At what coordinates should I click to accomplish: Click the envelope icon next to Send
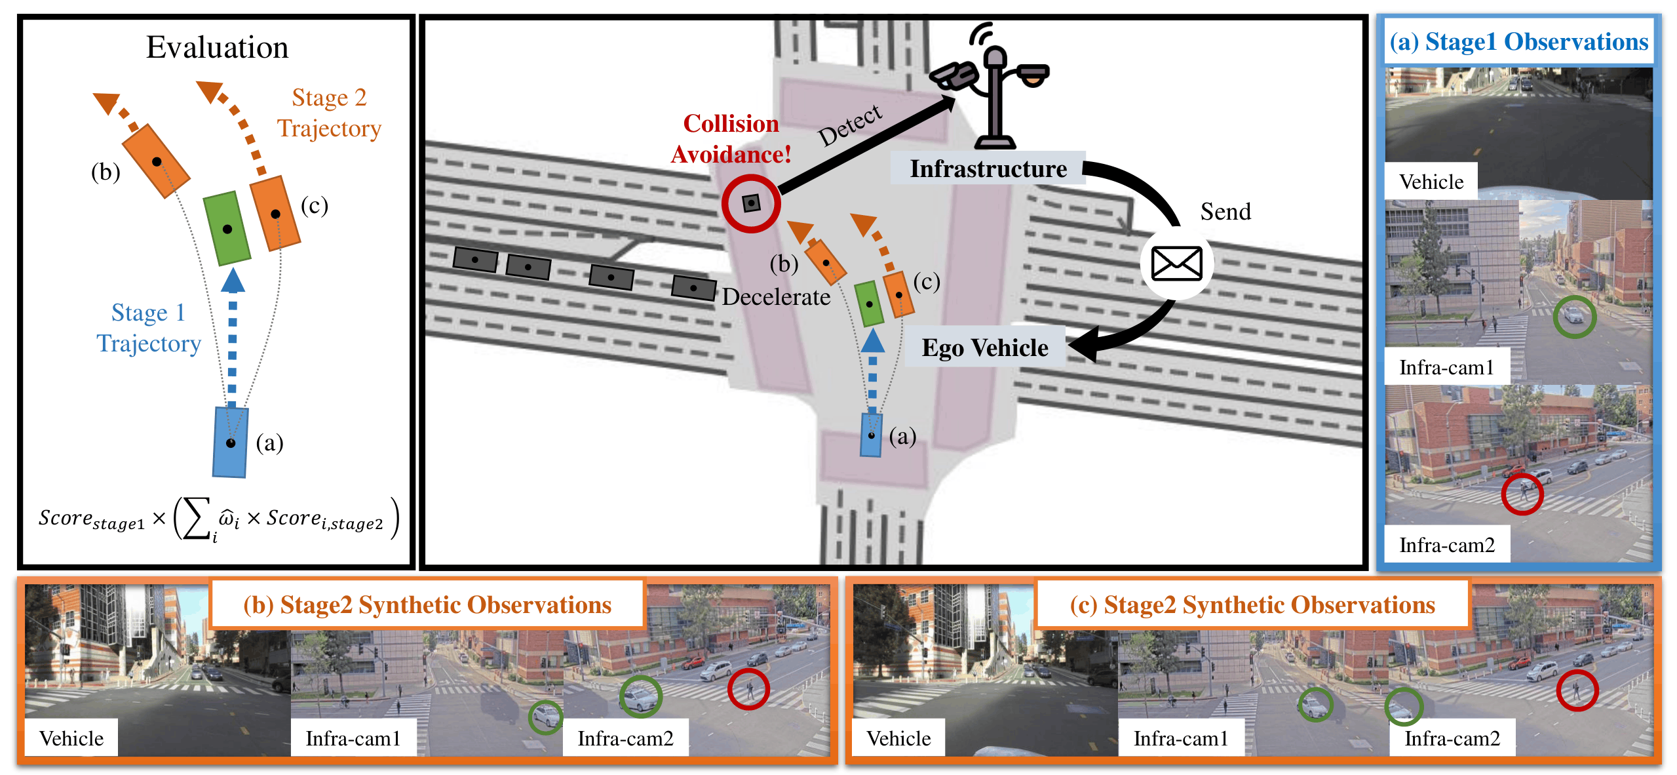(x=1176, y=264)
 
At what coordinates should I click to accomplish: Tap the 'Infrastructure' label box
(x=988, y=169)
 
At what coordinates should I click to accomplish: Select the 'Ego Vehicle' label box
(x=985, y=348)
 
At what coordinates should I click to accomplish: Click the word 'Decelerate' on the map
(x=776, y=297)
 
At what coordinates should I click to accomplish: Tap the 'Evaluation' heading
(x=217, y=47)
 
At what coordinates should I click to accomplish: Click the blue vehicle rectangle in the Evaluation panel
(x=230, y=442)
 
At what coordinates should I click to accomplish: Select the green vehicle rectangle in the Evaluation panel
(x=227, y=228)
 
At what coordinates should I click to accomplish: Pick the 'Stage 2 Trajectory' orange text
(x=328, y=113)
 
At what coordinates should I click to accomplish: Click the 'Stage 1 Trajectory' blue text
(x=149, y=328)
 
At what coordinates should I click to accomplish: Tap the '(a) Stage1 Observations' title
(x=1518, y=41)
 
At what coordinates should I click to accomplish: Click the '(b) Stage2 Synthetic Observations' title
(x=427, y=605)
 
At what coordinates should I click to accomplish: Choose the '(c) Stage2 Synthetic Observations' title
(x=1252, y=605)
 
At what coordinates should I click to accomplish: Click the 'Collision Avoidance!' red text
(x=731, y=138)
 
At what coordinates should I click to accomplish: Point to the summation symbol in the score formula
(x=197, y=518)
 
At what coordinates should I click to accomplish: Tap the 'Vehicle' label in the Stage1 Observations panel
(x=1431, y=182)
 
